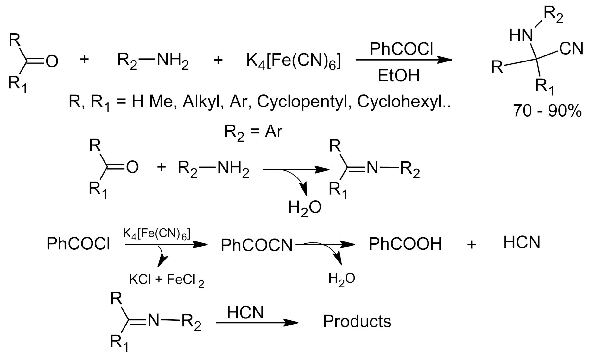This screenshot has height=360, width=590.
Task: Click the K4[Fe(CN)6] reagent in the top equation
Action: (x=294, y=61)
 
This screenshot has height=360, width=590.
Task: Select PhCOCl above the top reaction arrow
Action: (x=401, y=49)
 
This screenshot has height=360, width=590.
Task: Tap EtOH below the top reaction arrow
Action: (x=399, y=76)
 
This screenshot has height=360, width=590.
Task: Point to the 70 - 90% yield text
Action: (x=548, y=111)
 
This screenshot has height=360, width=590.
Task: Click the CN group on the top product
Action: (x=571, y=49)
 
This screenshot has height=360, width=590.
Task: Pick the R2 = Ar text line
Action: (x=253, y=132)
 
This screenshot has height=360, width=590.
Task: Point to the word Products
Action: (x=357, y=321)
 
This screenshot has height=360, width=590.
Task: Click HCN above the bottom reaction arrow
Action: (x=245, y=313)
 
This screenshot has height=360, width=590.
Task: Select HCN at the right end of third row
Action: (x=522, y=243)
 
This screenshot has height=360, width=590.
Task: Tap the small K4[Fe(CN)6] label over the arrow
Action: (x=156, y=235)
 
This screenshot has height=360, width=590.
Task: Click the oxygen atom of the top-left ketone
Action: (x=52, y=61)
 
